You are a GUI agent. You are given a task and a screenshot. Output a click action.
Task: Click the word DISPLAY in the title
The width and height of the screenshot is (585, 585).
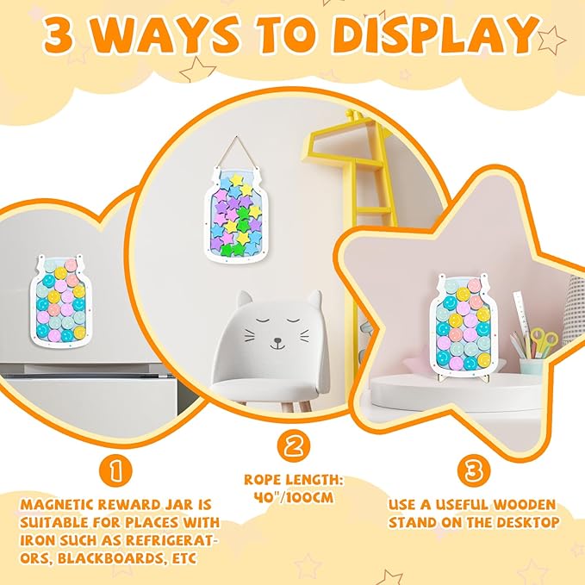click(436, 34)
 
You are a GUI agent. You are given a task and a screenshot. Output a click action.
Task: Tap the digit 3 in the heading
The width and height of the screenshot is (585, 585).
click(59, 34)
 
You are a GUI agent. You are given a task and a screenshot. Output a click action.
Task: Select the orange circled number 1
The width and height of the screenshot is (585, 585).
click(115, 471)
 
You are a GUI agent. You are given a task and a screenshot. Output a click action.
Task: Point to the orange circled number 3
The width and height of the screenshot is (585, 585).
click(474, 470)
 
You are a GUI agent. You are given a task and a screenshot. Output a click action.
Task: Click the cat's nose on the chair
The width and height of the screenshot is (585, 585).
click(277, 340)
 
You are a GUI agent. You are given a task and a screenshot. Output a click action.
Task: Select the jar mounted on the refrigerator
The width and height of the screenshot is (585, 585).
click(61, 300)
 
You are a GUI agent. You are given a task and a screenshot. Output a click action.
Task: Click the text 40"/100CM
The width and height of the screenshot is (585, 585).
click(294, 497)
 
